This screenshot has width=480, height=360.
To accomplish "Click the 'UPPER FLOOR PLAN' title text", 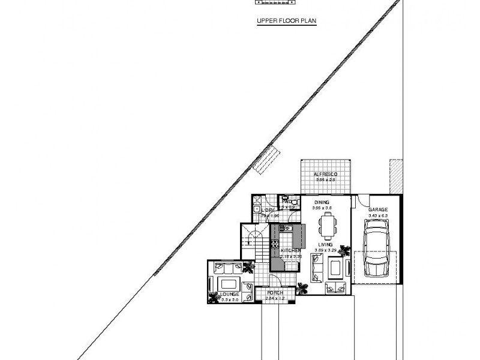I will coord(286,20).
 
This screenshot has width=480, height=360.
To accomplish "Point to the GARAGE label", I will coord(378,210).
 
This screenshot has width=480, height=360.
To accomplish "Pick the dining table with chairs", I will coord(327,225).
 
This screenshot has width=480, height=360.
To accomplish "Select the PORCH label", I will coord(275,293).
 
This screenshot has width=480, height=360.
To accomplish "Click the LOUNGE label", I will coord(229,294).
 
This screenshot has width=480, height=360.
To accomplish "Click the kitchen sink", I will coord(286,228).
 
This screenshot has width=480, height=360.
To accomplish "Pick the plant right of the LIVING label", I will coord(344,250).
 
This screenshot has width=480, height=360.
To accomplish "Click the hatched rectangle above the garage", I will coord(395,176).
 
